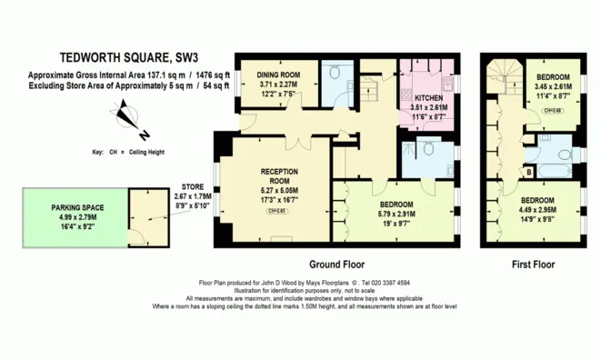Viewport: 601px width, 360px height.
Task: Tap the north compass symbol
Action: click(x=125, y=115)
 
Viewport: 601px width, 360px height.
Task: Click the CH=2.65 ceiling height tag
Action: click(x=275, y=211)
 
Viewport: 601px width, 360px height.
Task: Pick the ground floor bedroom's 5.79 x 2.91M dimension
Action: click(x=396, y=214)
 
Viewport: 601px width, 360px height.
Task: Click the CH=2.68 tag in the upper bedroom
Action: click(x=551, y=110)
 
